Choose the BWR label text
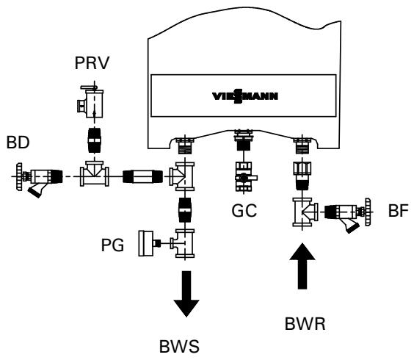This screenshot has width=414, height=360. pyautogui.click(x=304, y=321)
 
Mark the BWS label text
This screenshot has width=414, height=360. pyautogui.click(x=185, y=345)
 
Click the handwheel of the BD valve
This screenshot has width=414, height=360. pyautogui.click(x=18, y=176)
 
